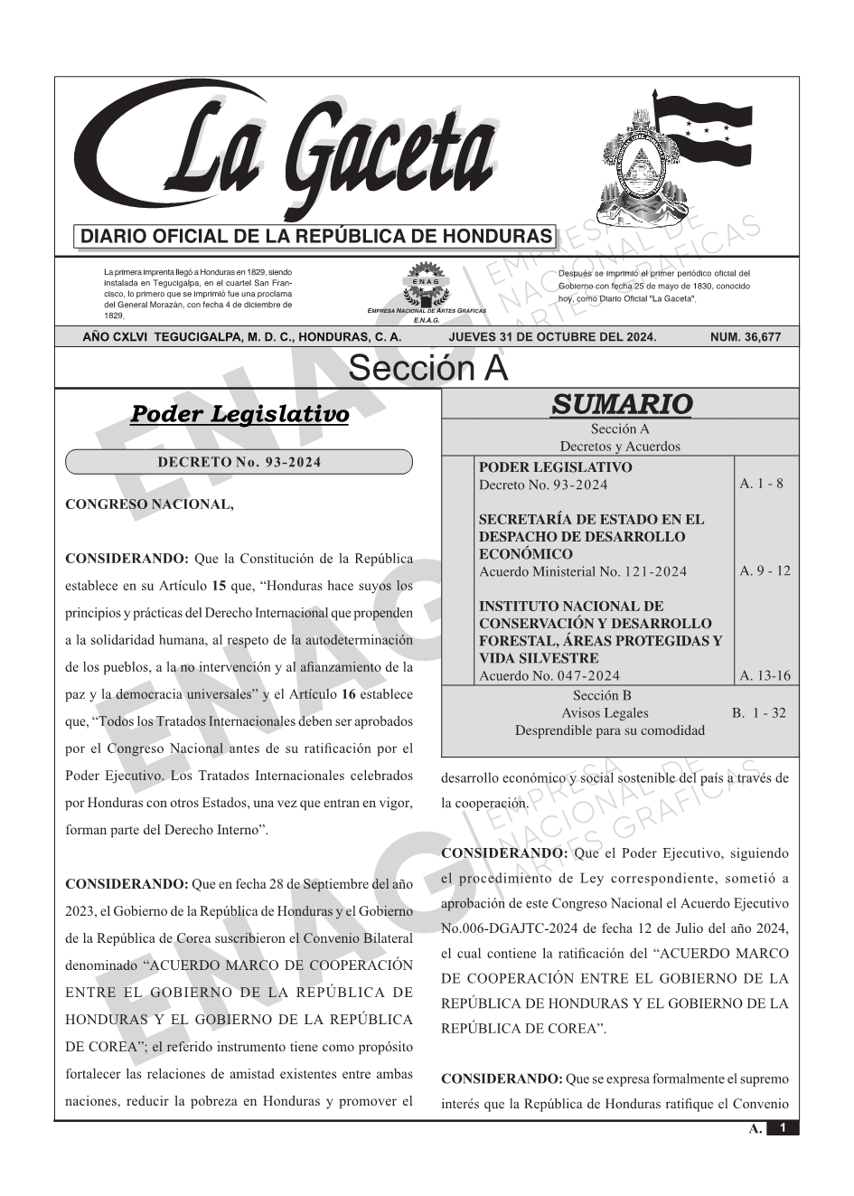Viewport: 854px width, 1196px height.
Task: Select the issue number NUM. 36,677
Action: coord(745,337)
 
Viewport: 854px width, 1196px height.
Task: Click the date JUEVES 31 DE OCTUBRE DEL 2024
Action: coord(552,337)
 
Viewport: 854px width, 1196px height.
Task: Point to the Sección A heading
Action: coord(427,369)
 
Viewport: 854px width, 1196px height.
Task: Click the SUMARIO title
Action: coord(621,404)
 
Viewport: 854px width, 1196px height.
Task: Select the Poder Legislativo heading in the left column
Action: coord(239,414)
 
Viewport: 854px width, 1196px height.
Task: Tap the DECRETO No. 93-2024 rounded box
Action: coord(239,462)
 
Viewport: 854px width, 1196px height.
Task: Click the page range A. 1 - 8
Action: coord(761,484)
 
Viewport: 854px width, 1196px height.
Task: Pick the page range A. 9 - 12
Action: coord(765,570)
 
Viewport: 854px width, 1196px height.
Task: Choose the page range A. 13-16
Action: coord(765,675)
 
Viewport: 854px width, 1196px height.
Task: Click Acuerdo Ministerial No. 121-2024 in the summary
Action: coord(582,571)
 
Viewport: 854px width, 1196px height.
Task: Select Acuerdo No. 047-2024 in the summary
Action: coord(549,675)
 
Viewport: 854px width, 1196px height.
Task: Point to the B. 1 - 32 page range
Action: coord(758,712)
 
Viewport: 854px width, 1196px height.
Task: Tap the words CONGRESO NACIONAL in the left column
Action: coord(149,504)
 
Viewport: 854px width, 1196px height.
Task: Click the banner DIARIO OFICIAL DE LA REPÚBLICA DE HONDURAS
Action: coord(316,237)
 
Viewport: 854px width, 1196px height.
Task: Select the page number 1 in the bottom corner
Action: coord(783,1128)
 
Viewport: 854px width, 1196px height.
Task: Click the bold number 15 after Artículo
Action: coord(218,586)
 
